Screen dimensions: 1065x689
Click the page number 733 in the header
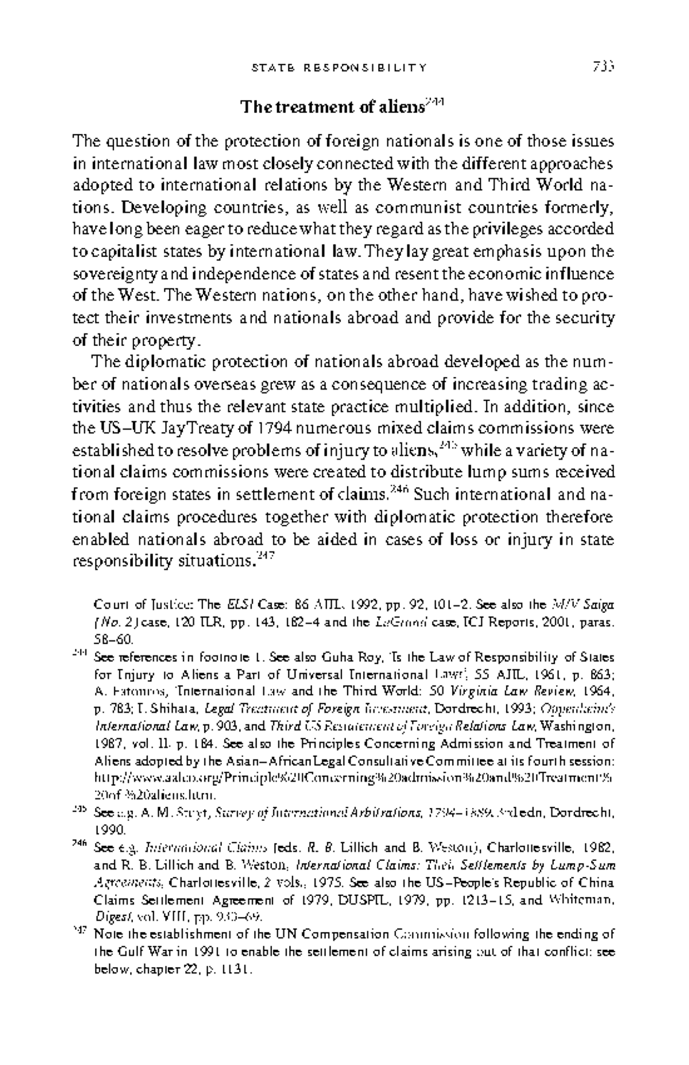point(603,68)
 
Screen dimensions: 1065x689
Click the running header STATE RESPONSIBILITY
point(339,68)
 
